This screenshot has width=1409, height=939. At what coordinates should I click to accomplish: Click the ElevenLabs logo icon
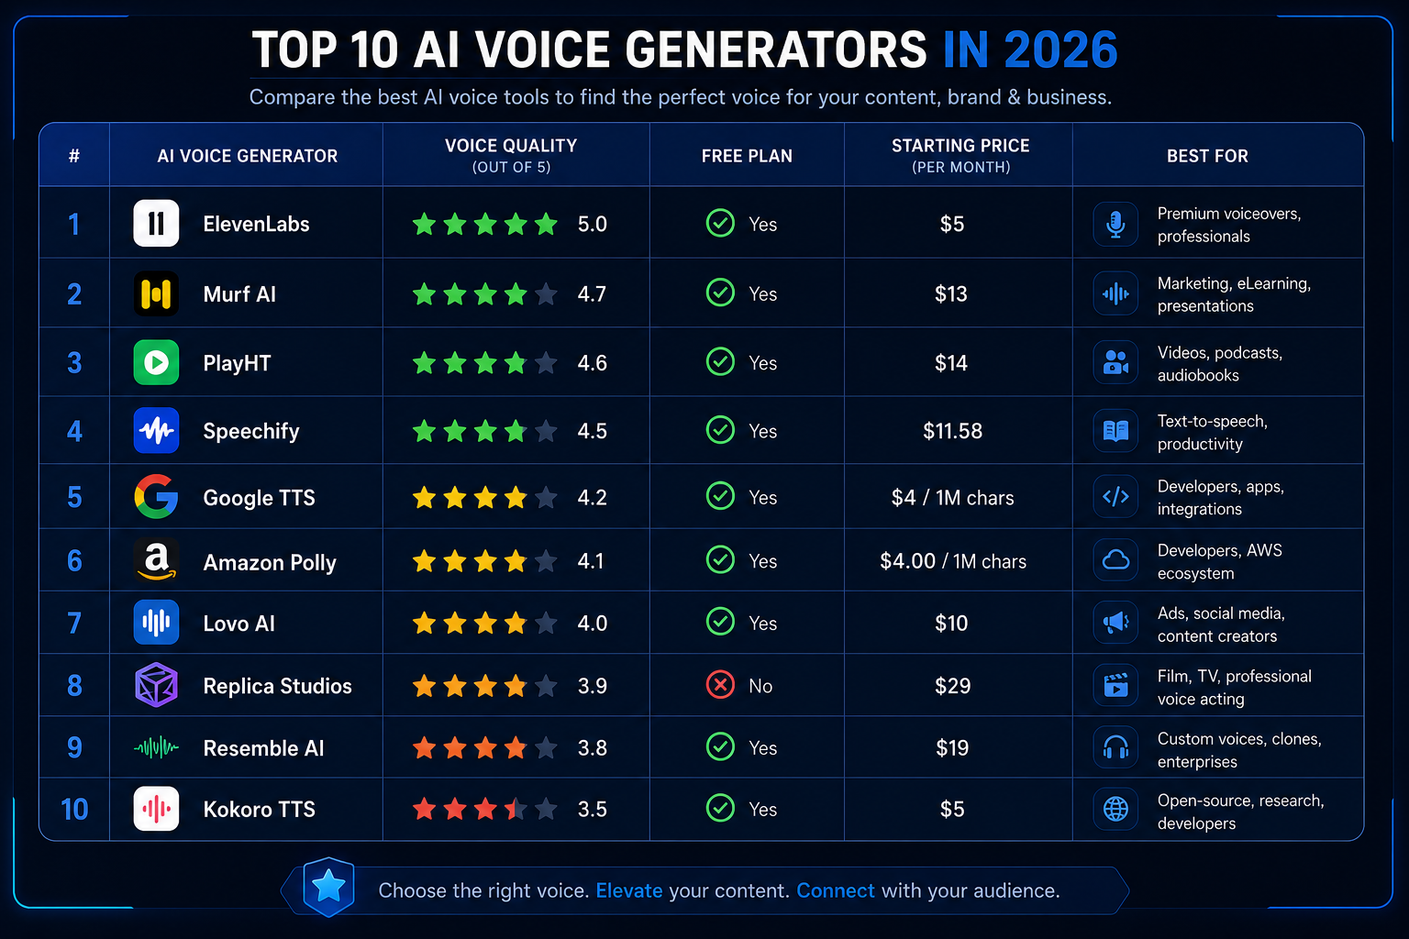(x=156, y=223)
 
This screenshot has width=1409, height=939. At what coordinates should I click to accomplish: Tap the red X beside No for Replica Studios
(x=720, y=685)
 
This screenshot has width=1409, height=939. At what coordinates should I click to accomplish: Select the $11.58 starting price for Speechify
(x=952, y=431)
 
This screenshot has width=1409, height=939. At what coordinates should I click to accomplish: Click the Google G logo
(x=156, y=496)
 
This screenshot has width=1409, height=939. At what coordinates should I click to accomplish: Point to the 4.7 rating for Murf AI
(x=592, y=293)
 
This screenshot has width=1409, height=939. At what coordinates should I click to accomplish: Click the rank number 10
(x=74, y=810)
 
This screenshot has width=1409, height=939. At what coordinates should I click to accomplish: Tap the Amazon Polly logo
(x=156, y=559)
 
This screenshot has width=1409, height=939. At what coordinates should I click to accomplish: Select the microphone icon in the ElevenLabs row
(x=1115, y=224)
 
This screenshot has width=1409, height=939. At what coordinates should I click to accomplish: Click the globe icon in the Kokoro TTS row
(x=1115, y=809)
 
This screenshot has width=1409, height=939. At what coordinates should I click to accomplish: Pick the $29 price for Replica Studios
(x=952, y=686)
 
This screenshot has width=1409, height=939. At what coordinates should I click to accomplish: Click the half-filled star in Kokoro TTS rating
(x=516, y=809)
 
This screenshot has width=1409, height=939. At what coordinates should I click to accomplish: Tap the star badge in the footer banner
(x=328, y=887)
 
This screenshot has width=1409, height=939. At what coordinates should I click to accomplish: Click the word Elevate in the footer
(x=629, y=890)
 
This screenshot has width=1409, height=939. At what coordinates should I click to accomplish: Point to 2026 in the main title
(x=1060, y=50)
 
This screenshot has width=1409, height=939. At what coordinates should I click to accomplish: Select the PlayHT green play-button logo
(x=156, y=362)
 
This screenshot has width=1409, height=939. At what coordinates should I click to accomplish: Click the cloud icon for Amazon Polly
(x=1115, y=559)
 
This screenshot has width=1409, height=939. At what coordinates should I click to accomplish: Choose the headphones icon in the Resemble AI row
(x=1115, y=747)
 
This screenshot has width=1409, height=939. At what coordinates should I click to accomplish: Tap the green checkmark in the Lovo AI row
(x=720, y=622)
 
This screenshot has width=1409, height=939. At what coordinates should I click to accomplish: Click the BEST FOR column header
(x=1207, y=155)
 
